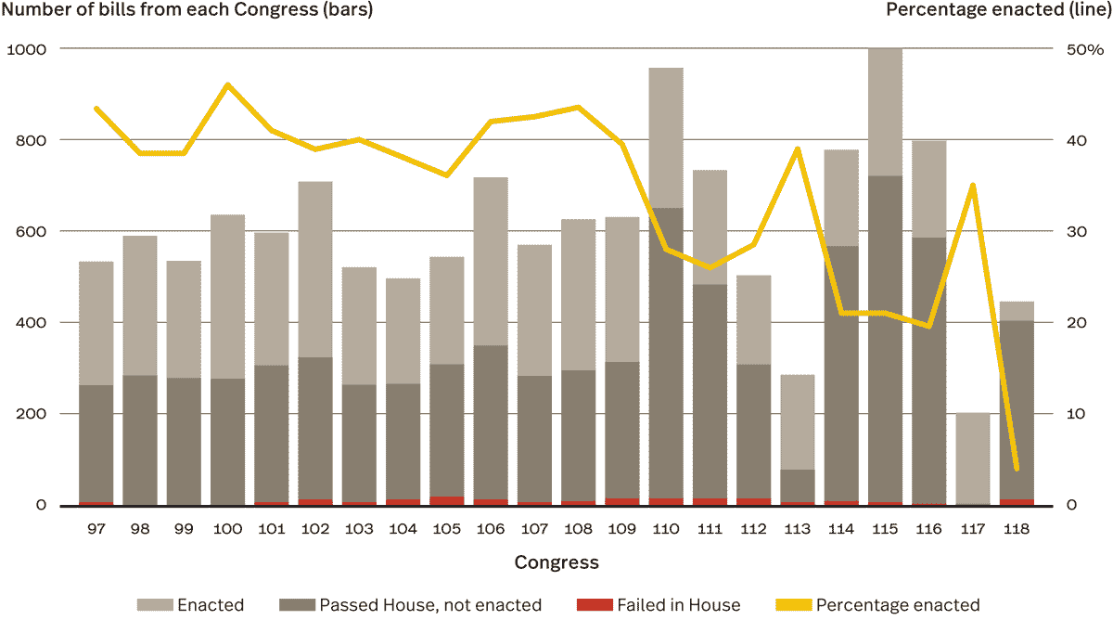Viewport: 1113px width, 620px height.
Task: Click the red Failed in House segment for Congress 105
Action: (x=446, y=501)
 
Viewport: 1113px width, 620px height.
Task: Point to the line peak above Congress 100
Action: (x=227, y=85)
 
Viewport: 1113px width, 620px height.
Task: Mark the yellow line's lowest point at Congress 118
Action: (x=1017, y=469)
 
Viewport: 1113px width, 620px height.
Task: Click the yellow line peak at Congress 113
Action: (x=798, y=149)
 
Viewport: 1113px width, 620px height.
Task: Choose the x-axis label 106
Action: (x=490, y=529)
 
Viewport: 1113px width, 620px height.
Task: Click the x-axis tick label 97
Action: (x=96, y=529)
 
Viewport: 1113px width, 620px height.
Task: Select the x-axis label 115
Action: (x=885, y=529)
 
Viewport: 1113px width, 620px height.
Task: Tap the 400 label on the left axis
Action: (x=30, y=322)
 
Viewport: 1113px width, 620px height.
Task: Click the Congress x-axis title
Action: (x=556, y=562)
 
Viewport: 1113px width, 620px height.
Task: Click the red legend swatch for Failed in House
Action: (x=594, y=605)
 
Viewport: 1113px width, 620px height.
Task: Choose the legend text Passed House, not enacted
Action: (x=429, y=605)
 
